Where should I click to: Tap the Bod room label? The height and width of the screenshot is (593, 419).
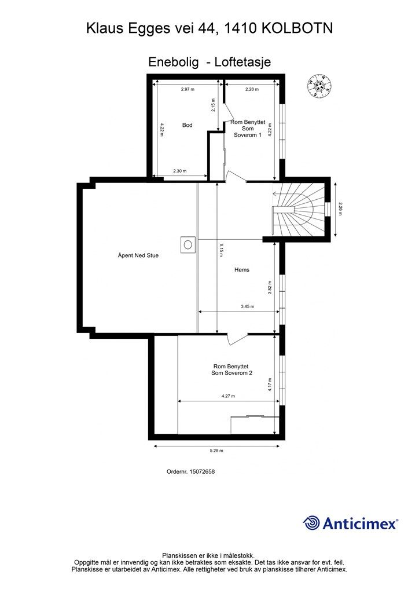click(187, 125)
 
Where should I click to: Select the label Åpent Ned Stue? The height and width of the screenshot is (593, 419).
click(138, 255)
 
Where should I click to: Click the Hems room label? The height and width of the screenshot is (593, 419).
click(242, 270)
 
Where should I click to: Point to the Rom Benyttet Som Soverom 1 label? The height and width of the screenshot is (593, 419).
click(248, 129)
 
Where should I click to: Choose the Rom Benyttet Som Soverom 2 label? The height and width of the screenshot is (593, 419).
click(232, 369)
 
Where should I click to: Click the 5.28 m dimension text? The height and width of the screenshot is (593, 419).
click(216, 450)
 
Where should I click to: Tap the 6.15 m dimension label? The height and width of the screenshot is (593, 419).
click(220, 250)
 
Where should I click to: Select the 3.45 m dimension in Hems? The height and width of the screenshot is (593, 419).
click(247, 306)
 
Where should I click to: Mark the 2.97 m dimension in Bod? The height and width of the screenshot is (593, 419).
click(187, 89)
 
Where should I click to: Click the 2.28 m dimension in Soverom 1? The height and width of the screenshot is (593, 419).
click(252, 89)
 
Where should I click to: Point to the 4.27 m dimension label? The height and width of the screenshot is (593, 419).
click(229, 396)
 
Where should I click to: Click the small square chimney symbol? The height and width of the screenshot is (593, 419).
click(188, 244)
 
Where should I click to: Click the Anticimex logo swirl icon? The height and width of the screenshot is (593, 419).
click(312, 523)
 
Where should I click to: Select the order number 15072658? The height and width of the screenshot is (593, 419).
click(200, 471)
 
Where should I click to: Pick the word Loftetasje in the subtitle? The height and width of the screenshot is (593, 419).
click(242, 61)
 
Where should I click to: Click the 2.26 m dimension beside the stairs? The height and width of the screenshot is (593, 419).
click(340, 208)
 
